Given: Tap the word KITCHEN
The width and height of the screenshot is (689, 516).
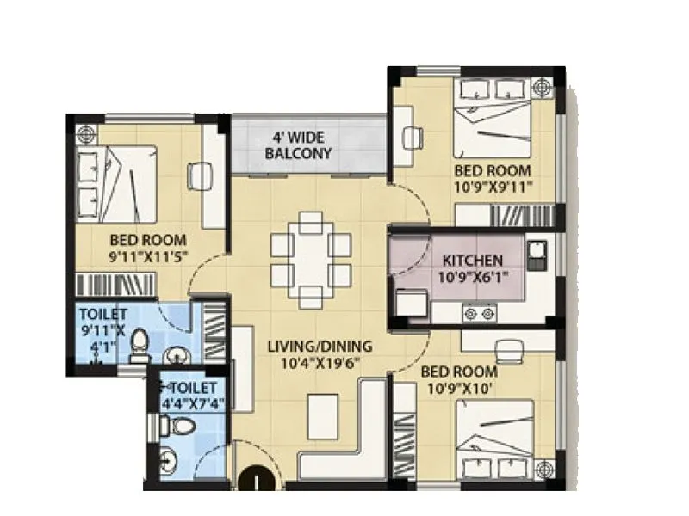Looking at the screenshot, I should point(473,260).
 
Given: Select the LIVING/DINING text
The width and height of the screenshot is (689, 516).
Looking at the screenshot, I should point(319,347).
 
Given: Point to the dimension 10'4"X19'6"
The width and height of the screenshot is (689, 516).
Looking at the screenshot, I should point(319,362).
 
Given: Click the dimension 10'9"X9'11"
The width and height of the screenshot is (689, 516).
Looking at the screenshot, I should point(493,186).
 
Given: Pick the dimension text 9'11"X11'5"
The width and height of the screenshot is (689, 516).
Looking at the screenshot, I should point(148,255).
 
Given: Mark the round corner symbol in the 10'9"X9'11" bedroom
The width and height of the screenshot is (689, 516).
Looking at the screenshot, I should point(541,86).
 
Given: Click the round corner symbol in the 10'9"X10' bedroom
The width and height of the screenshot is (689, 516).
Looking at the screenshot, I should point(542,470).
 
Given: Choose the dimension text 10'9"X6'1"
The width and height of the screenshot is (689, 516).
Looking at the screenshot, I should point(472,276).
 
